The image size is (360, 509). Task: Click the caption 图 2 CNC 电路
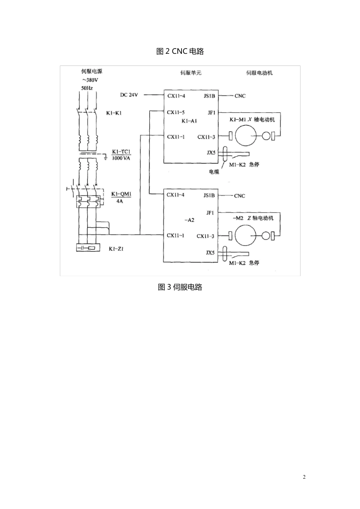tap(180, 52)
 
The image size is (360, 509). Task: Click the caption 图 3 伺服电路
tap(180, 287)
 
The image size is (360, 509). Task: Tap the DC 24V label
tap(129, 95)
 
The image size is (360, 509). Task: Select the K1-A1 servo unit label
tap(189, 121)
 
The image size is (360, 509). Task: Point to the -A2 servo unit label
tap(189, 220)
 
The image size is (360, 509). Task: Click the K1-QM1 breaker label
tap(121, 194)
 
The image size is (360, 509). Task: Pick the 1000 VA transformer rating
tap(121, 158)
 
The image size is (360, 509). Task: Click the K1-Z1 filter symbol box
tap(88, 247)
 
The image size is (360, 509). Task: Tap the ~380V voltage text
tap(90, 80)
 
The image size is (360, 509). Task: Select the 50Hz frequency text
tap(87, 88)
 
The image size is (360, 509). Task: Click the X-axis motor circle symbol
tap(246, 136)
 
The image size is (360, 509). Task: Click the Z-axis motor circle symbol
tap(246, 236)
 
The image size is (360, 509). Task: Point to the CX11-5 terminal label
tap(176, 112)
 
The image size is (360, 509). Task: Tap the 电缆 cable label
tap(214, 172)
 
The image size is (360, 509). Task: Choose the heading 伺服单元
tap(191, 73)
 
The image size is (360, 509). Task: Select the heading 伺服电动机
tap(259, 73)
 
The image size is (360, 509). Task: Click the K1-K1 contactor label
tap(114, 113)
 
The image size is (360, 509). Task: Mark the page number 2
tap(304, 477)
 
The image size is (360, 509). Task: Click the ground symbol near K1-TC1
tap(105, 158)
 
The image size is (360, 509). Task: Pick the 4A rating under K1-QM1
tap(120, 201)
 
